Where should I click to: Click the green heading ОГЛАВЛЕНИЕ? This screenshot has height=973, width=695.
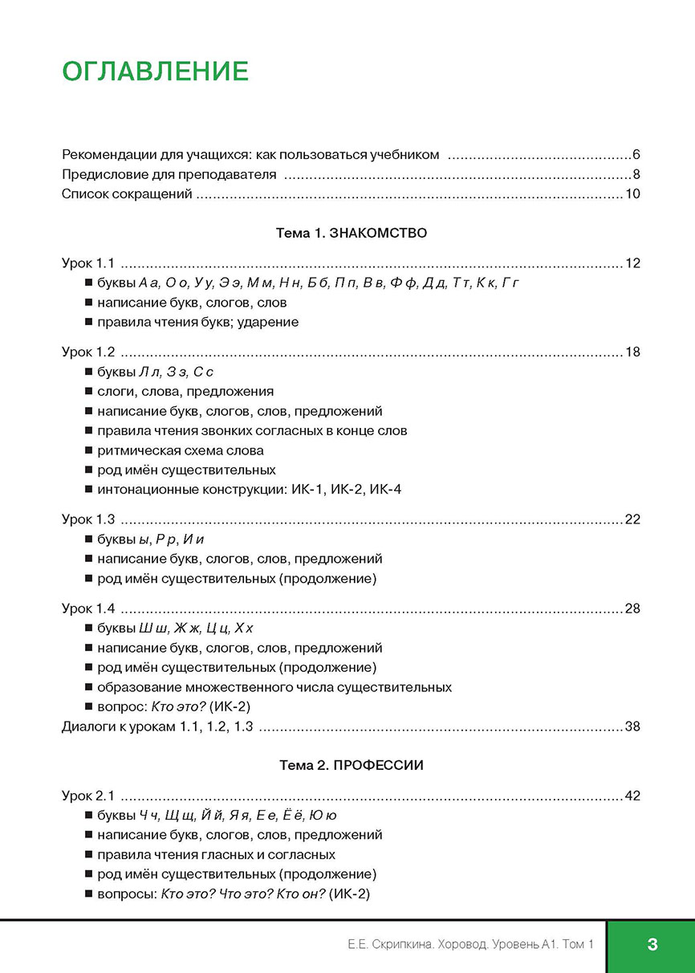155,71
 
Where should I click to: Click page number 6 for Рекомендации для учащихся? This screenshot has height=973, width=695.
635,154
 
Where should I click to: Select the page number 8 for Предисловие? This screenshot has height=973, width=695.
635,174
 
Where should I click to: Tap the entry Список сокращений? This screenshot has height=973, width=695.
127,194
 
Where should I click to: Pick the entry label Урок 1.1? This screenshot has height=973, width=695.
89,263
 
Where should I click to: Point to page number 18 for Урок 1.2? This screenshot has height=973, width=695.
632,352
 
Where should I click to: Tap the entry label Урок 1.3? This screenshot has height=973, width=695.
89,519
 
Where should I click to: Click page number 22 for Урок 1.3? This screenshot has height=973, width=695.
632,519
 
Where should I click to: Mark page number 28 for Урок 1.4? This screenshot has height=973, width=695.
632,609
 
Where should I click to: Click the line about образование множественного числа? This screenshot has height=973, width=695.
274,687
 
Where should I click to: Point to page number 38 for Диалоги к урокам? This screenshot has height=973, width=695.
632,727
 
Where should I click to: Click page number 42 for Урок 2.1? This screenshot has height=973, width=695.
632,796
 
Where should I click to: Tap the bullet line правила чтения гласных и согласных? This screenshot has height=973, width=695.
216,854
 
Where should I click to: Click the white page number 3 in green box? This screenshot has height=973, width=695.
652,945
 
